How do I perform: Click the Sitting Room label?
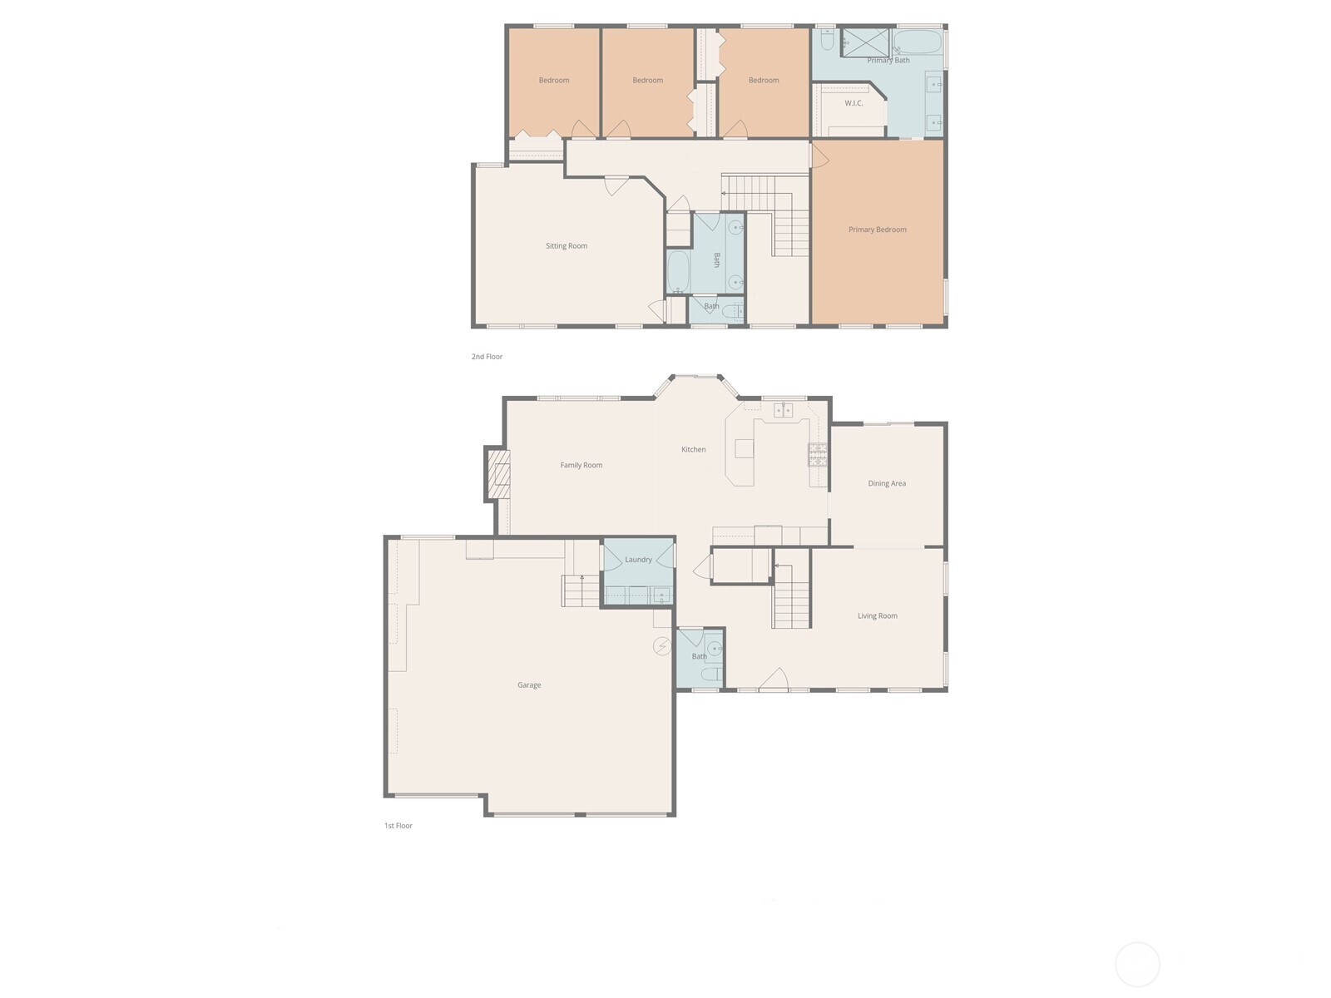566,246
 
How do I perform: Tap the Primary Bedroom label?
877,230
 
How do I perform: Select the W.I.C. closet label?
854,103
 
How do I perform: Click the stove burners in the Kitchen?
818,454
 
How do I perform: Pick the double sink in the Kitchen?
783,410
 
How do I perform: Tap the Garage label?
529,684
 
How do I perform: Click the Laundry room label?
638,559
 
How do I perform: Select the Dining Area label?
887,483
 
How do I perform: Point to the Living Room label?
877,615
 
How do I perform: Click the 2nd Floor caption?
487,356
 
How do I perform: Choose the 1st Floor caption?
398,825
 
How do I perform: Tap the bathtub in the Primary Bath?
917,42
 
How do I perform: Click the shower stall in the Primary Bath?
865,42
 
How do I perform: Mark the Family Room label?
581,466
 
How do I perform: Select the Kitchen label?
693,450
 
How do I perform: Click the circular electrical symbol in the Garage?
661,646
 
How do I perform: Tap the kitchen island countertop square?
744,448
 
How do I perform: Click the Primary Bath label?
888,60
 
